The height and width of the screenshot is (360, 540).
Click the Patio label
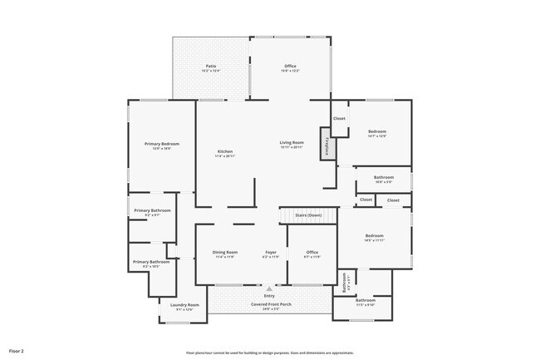[211, 66]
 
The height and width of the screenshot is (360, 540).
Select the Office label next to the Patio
[290, 66]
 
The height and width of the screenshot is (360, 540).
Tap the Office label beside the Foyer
[312, 252]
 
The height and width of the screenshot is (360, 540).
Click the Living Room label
[291, 142]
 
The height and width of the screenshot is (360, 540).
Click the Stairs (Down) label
[309, 215]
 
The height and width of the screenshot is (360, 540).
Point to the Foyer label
[270, 252]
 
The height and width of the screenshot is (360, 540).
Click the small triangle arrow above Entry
[269, 288]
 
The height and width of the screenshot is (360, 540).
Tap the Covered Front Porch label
[269, 304]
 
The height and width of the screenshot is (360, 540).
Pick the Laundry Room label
[184, 305]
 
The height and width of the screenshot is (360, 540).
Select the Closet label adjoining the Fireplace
[339, 119]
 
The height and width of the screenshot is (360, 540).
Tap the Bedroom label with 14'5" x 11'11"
[375, 236]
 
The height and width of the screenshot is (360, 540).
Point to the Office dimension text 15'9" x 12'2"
[290, 72]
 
